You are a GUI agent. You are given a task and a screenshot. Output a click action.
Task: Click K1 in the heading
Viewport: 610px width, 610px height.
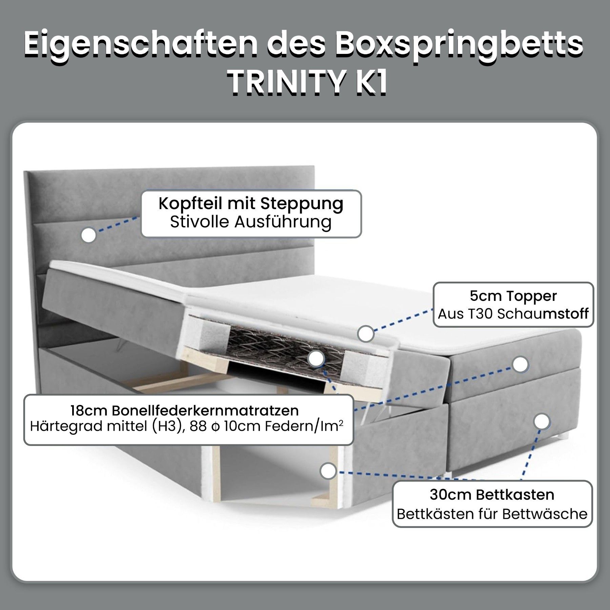coord(370,82)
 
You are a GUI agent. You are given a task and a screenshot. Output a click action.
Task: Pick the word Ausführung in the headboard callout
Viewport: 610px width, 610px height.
coord(283,222)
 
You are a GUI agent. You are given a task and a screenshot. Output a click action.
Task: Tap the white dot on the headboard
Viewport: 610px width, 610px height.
coord(89,235)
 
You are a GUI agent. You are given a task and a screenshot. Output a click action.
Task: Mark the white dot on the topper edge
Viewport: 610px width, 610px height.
coord(365,334)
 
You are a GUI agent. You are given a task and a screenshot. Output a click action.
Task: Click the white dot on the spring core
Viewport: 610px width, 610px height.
coord(316,359)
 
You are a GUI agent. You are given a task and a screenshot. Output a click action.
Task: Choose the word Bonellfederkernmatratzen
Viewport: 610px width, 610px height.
coord(205,411)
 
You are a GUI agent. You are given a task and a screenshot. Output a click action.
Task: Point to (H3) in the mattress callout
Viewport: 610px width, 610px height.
coord(166,426)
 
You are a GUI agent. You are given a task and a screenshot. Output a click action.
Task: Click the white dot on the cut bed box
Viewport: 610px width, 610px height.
coord(328,471)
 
